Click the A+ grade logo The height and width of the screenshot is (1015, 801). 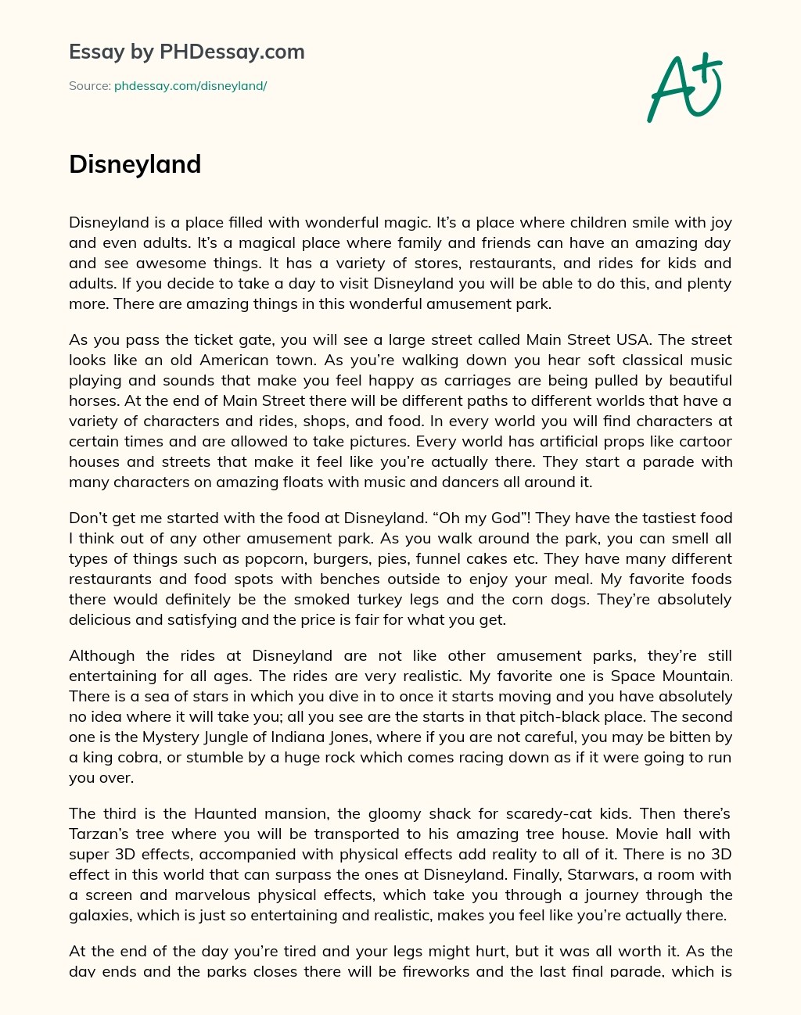coord(684,87)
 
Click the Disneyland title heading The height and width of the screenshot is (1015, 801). coord(135,164)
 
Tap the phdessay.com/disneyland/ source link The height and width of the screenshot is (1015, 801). coord(190,86)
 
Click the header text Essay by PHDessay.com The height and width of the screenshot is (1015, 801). coord(186,52)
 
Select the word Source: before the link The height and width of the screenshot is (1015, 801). coord(89,86)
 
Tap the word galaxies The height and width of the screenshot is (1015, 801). coord(100,915)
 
